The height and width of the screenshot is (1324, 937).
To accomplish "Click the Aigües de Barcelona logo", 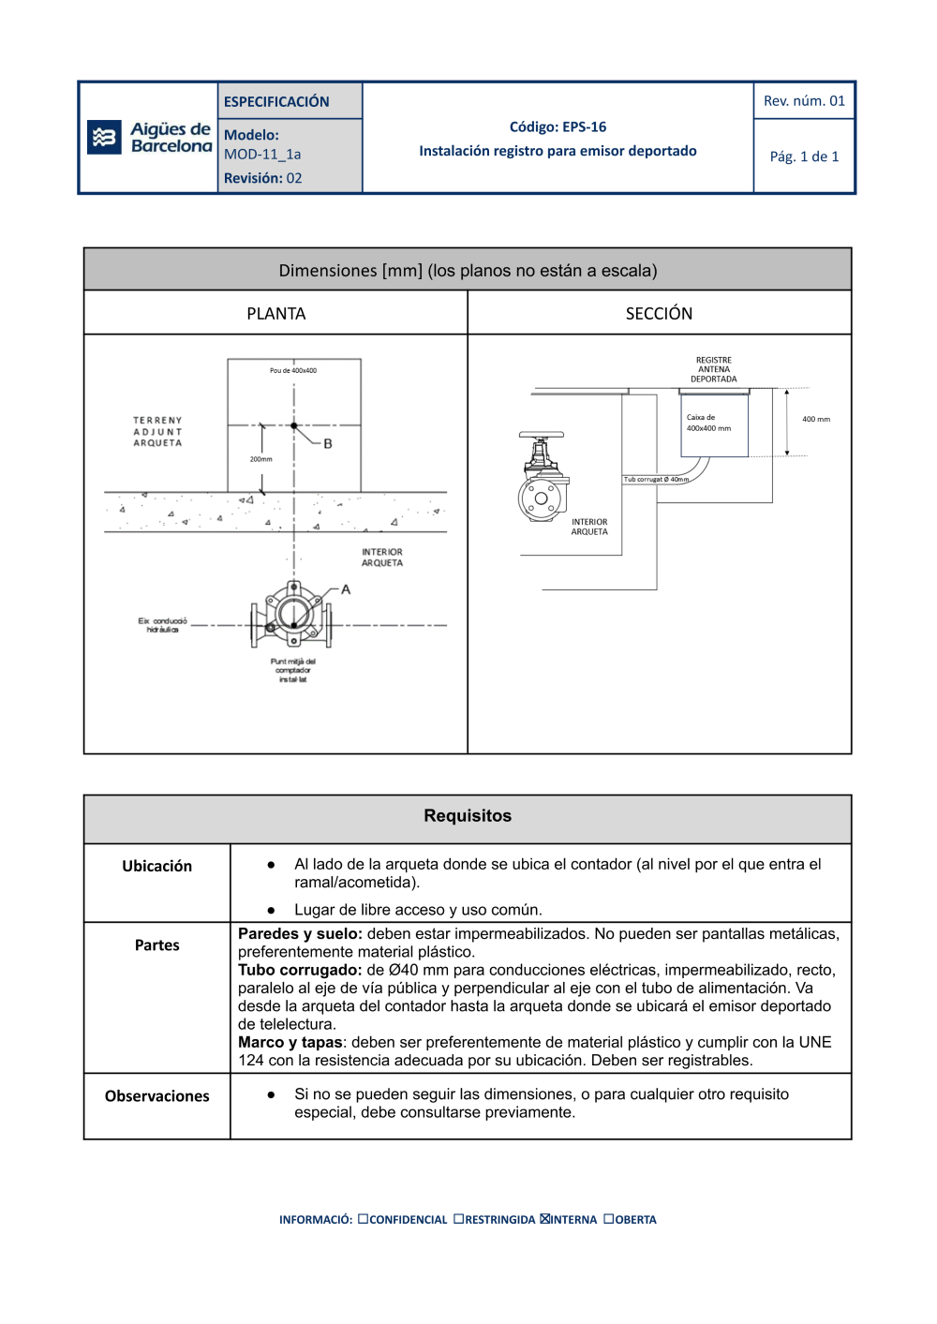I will tap(150, 138).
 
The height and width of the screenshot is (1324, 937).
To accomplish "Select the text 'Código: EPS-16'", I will tap(558, 127).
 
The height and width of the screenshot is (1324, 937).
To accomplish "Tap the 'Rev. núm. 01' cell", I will tap(804, 101).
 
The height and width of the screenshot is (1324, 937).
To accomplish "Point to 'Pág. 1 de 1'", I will tap(804, 156).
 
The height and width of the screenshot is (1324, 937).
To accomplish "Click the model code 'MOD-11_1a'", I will tap(262, 155).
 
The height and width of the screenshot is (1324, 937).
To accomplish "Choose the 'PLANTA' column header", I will tap(275, 314).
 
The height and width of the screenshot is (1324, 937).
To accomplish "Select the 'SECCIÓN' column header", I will tap(659, 314).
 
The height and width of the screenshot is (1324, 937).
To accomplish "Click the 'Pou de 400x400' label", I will tap(293, 371).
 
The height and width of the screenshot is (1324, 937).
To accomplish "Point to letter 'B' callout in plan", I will tap(328, 444).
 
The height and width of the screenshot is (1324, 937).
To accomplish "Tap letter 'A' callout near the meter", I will tap(346, 589).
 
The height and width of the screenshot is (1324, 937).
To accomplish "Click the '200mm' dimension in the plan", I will tap(260, 459).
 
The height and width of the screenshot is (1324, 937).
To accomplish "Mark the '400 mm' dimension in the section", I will tap(816, 420).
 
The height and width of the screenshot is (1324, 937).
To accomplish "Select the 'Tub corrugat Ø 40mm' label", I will tap(657, 480).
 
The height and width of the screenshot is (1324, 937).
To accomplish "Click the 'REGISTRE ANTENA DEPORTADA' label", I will tap(714, 370).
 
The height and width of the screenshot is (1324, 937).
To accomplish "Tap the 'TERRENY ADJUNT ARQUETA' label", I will tap(157, 432).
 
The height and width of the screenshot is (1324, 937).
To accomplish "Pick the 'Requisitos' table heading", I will tap(468, 816).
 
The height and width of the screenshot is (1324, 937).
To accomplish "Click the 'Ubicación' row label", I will tap(156, 867).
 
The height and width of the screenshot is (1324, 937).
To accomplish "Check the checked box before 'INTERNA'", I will tap(544, 1219).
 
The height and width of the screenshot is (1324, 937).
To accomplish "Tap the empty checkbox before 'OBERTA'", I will tap(609, 1219).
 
